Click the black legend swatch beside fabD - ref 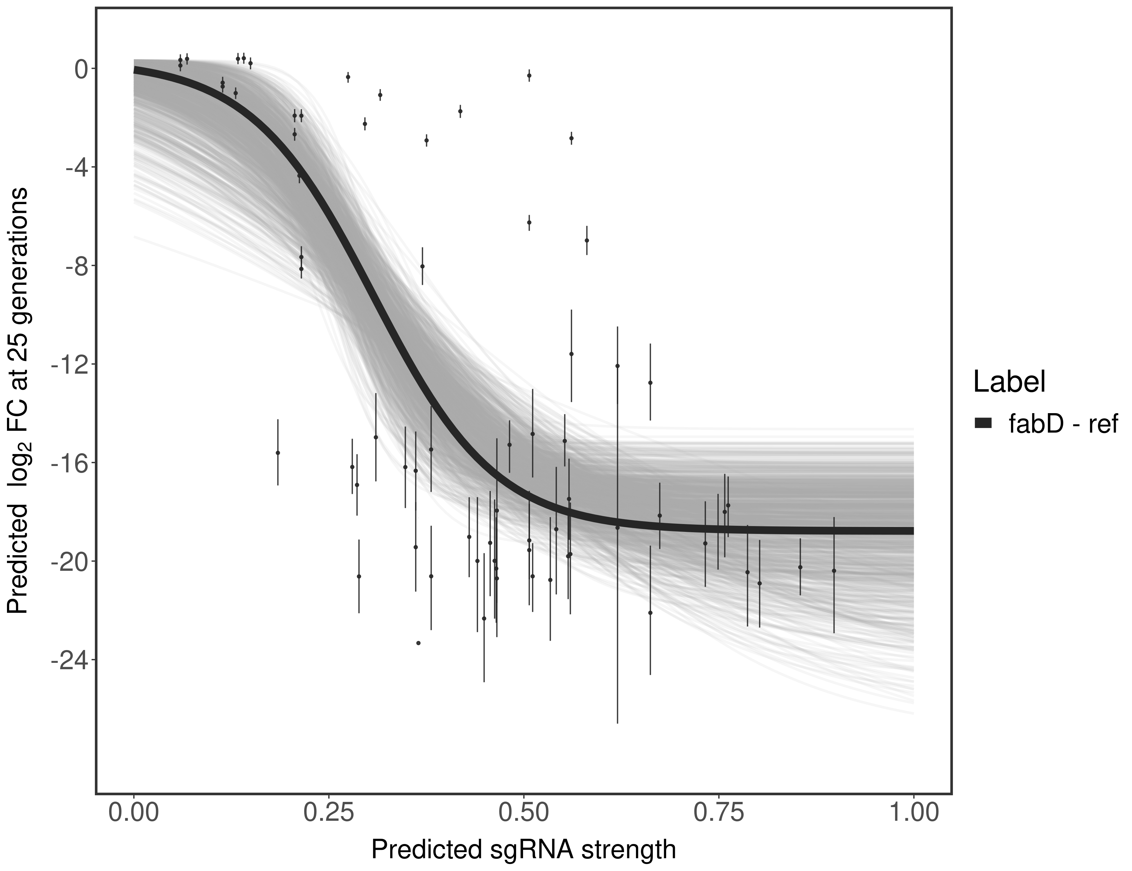[x=983, y=424]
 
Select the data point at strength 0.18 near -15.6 [x=278, y=453]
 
